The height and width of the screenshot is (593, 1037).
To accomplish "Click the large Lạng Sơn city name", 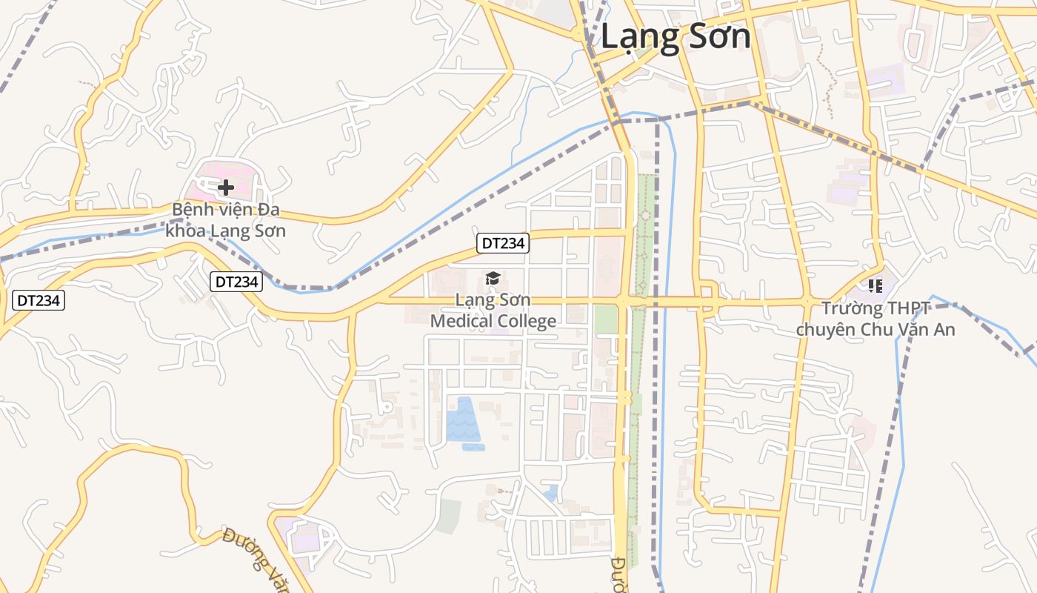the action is (675, 36).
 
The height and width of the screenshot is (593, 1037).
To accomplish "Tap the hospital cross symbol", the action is (226, 188).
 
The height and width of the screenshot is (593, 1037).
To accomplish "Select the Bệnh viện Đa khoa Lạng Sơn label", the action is (225, 220).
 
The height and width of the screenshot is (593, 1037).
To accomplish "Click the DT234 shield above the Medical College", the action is (503, 243).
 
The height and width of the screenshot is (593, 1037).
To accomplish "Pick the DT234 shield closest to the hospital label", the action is (236, 282).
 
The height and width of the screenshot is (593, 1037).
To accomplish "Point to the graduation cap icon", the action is (493, 279).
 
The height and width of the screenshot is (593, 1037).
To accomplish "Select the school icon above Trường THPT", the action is (876, 285).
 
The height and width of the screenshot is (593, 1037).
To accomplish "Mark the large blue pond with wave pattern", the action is (461, 420).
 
